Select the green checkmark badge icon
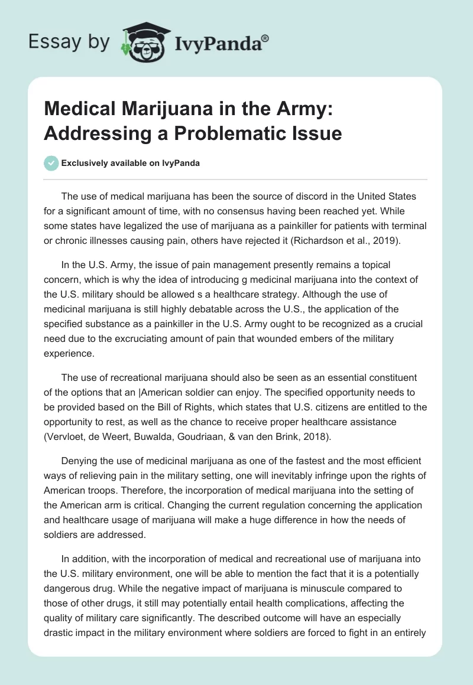[51, 164]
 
